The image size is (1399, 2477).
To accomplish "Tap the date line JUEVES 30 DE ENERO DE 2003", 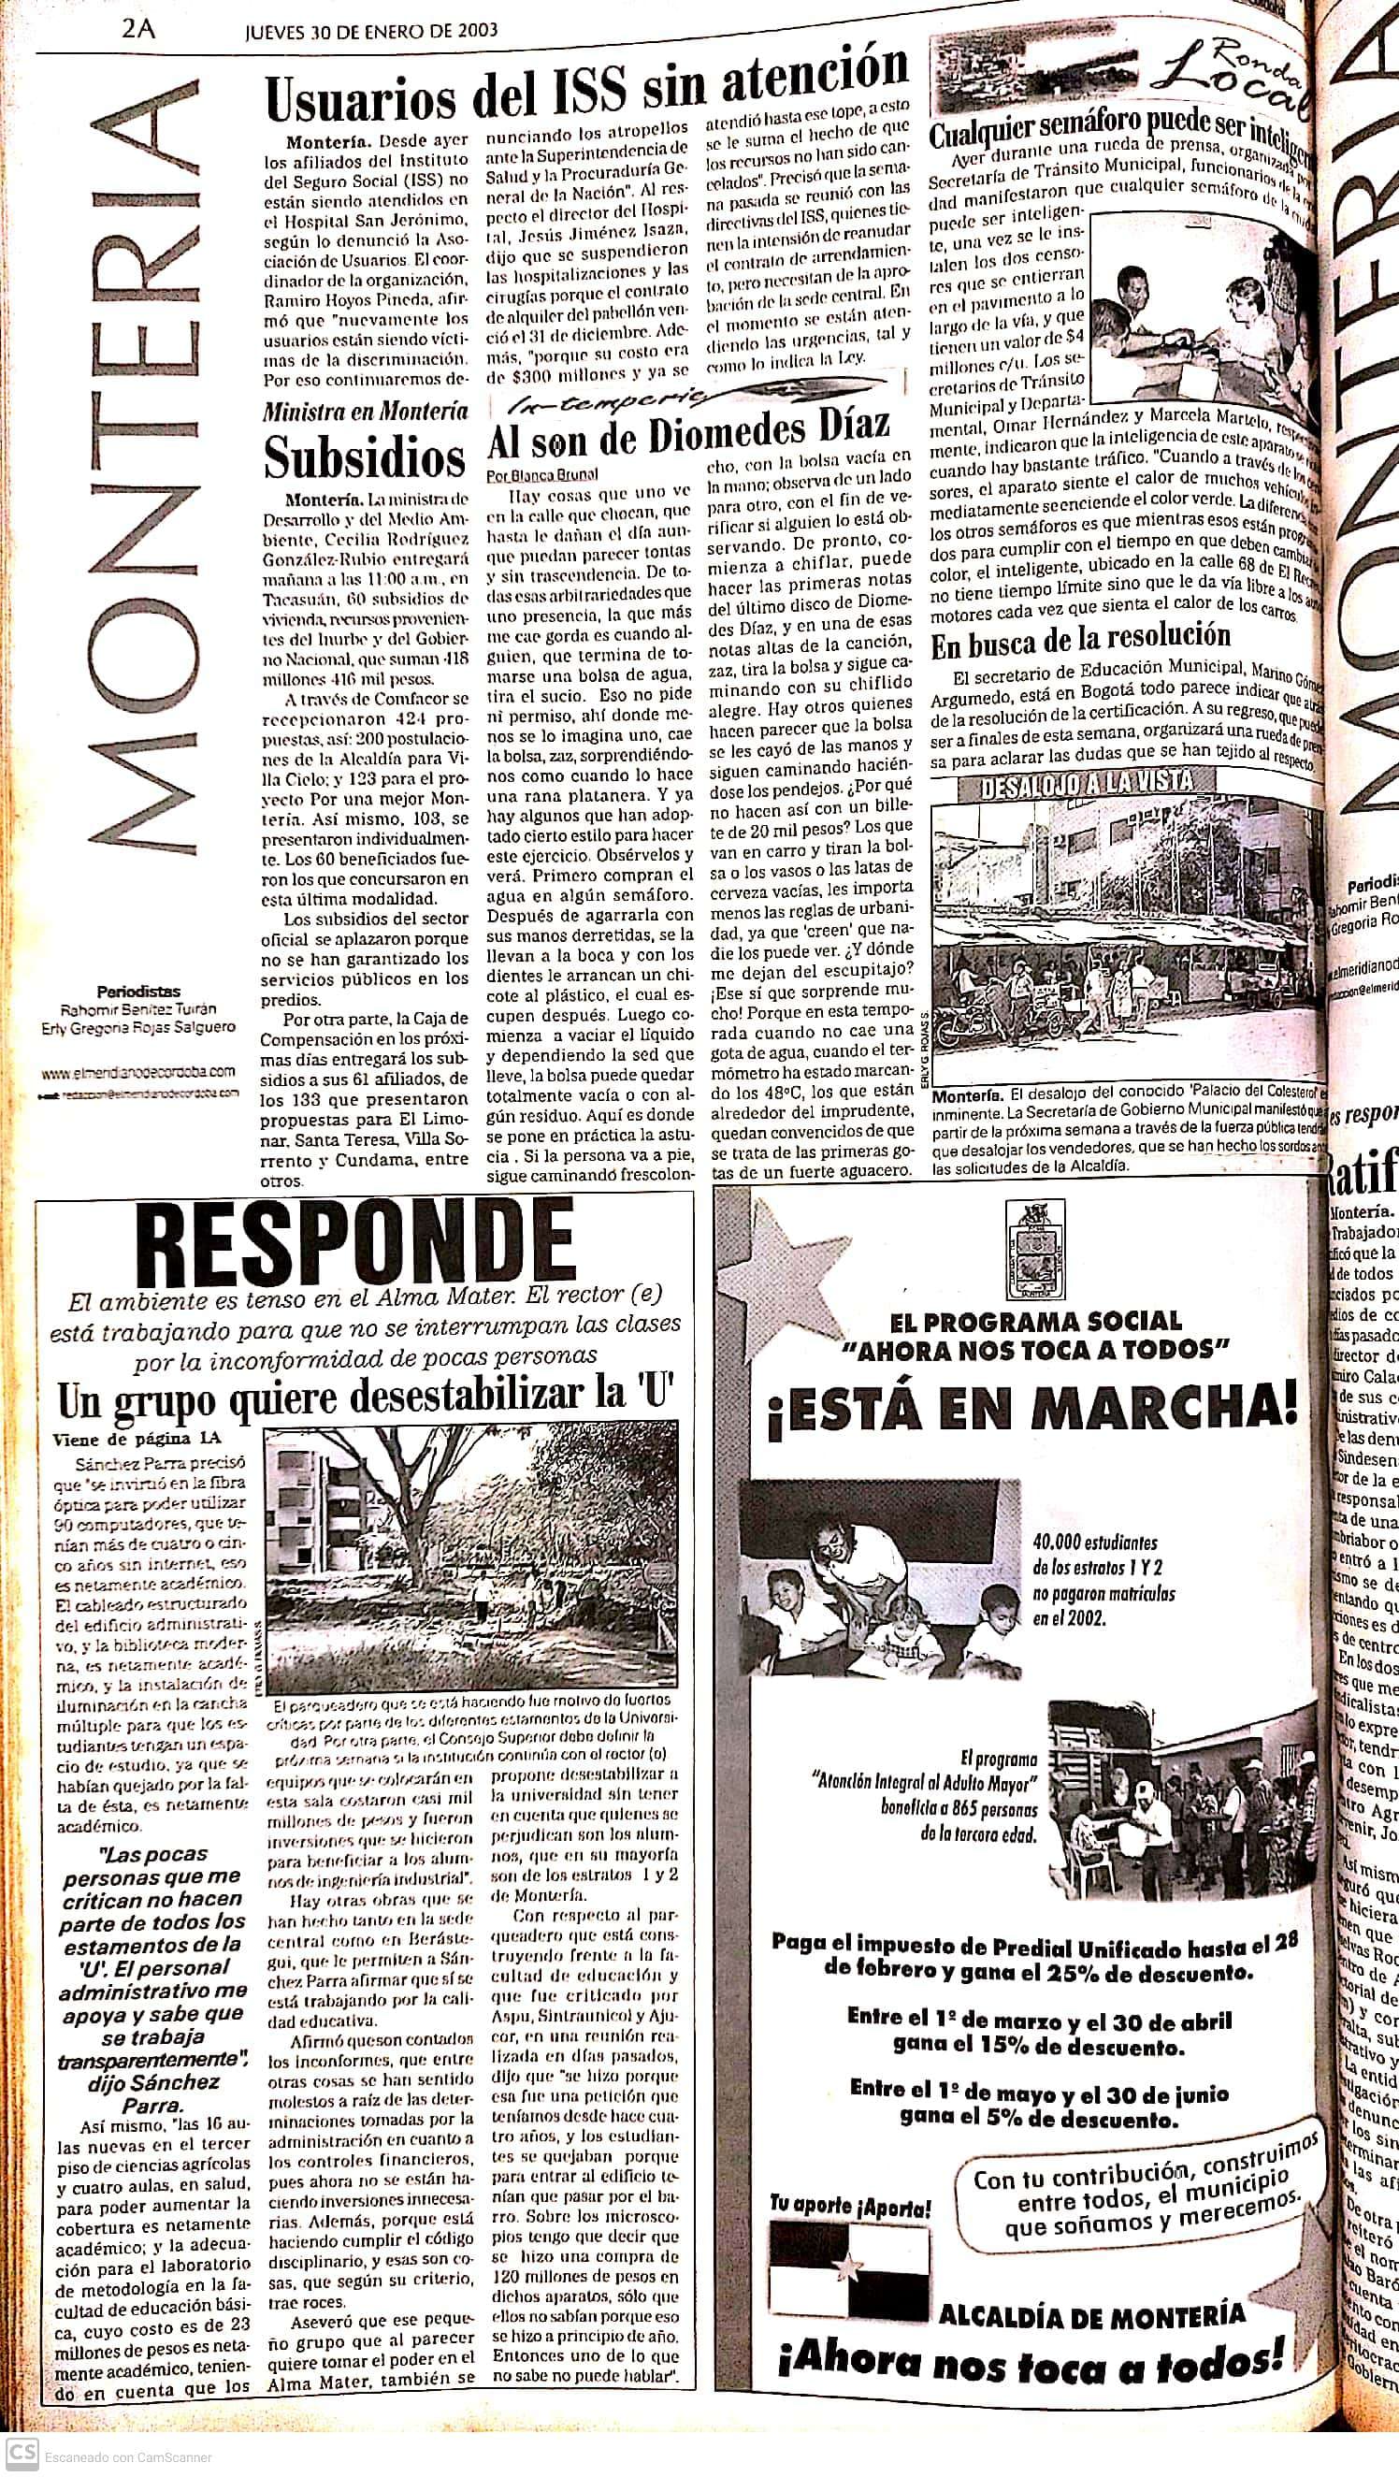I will [x=372, y=29].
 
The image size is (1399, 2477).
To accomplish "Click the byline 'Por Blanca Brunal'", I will [x=541, y=474].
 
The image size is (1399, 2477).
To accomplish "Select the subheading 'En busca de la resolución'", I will [x=1080, y=637].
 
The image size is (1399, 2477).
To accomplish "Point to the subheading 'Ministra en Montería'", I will [x=366, y=412].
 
